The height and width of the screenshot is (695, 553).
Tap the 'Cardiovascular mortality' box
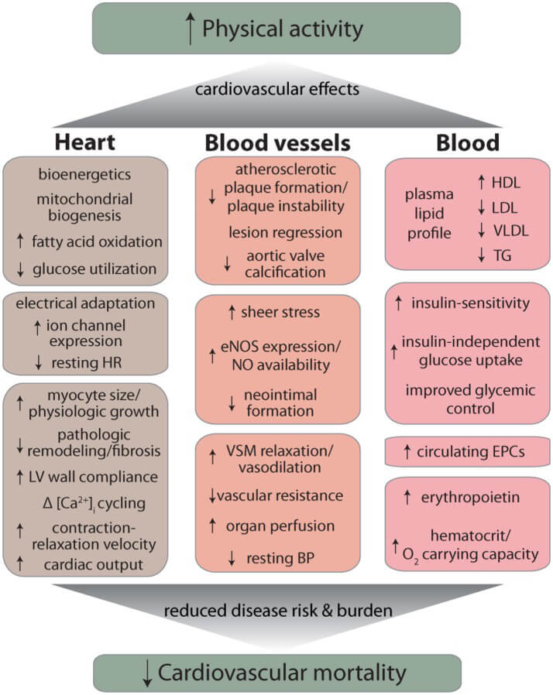tap(276, 671)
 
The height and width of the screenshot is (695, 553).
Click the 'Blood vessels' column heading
tap(277, 143)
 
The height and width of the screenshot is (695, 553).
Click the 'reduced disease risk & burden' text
tap(277, 610)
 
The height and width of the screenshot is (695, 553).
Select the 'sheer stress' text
tap(286, 313)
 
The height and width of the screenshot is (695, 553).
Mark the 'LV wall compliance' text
tap(94, 477)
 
